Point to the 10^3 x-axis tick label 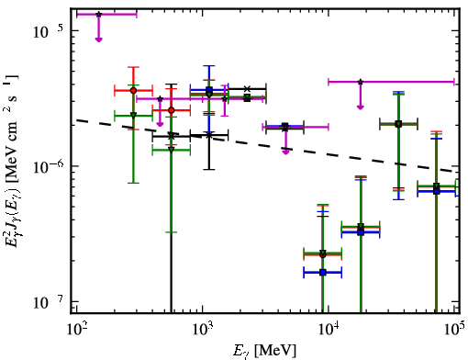point(203,330)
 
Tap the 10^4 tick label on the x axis point(329,330)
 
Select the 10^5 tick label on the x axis point(455,330)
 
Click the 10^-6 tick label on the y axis point(48,166)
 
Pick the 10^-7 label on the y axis point(48,302)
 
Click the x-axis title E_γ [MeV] point(264,351)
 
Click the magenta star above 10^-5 point(98,14)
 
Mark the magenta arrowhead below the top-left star point(98,39)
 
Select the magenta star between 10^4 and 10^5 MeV point(361,82)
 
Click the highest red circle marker point(133,90)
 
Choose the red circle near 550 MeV point(172,110)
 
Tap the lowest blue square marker point(323,272)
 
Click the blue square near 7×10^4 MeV point(437,191)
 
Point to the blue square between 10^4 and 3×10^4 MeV point(361,232)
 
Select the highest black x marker point(248,89)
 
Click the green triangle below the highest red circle point(133,116)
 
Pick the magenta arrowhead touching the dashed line point(285,152)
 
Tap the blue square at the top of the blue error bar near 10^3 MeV point(209,90)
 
